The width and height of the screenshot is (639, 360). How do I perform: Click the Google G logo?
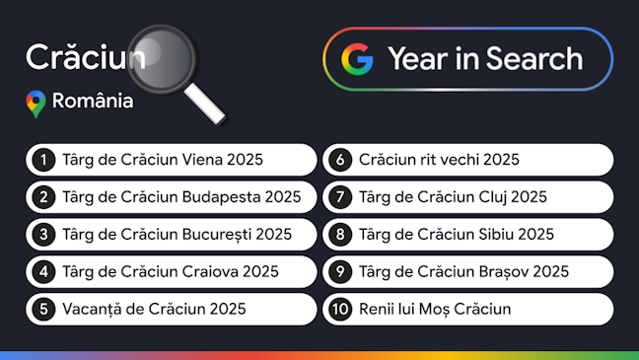357,59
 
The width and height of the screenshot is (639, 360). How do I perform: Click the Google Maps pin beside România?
35,103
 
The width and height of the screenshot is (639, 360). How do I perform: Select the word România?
93,102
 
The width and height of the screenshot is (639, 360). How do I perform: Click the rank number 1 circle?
43,159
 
